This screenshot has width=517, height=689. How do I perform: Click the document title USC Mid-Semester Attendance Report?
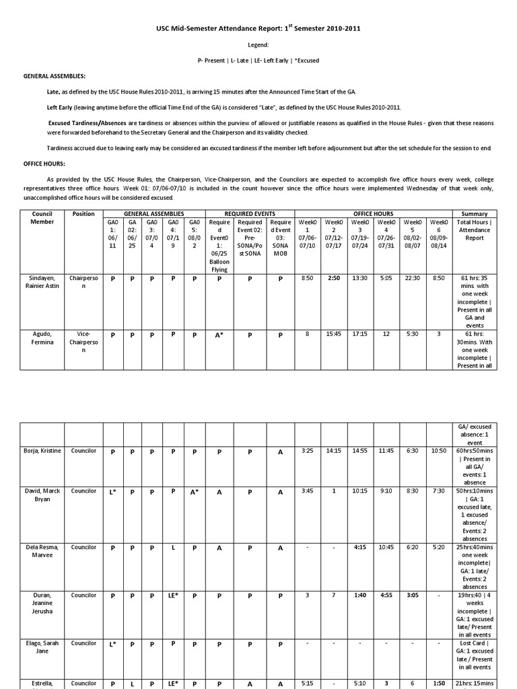(258, 30)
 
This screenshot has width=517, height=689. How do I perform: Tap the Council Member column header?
(42, 217)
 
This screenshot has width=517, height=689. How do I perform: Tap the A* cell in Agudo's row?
(219, 334)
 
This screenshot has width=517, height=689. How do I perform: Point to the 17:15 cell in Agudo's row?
(360, 334)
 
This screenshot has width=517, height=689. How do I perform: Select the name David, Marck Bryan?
(42, 495)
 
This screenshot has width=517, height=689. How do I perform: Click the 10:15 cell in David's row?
(360, 491)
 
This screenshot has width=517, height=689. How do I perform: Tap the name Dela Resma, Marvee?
(42, 552)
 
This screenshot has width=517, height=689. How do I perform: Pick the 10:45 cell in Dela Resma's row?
(386, 548)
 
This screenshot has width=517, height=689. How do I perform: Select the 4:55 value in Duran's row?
(386, 595)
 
